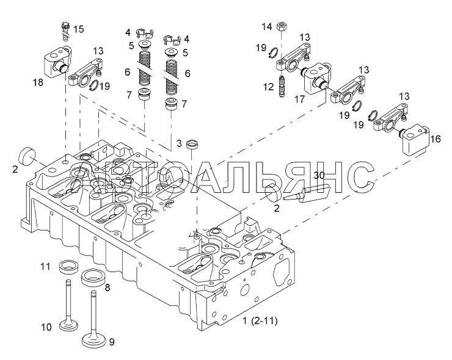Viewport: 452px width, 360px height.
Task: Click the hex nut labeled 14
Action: pos(281,27)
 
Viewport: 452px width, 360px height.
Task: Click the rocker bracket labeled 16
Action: pos(415,140)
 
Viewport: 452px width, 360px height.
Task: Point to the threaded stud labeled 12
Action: pos(282,87)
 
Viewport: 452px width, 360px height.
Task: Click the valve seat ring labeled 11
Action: pos(70,267)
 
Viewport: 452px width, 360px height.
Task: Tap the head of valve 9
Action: pos(94,340)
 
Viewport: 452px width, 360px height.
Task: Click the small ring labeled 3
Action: pos(193,144)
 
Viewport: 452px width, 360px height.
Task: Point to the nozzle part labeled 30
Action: pos(307,195)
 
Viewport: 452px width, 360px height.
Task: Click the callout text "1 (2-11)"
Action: pos(260,320)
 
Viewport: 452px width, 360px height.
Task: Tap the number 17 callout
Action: pos(299,99)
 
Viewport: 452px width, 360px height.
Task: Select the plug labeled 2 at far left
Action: pos(27,156)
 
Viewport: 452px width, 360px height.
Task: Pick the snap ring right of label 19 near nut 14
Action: pos(273,53)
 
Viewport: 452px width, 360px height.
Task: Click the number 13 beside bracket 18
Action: pos(98,51)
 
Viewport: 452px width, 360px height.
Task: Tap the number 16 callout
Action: pos(436,139)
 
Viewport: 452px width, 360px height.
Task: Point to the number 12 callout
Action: pos(268,87)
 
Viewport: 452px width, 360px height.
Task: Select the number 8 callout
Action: pos(108,287)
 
